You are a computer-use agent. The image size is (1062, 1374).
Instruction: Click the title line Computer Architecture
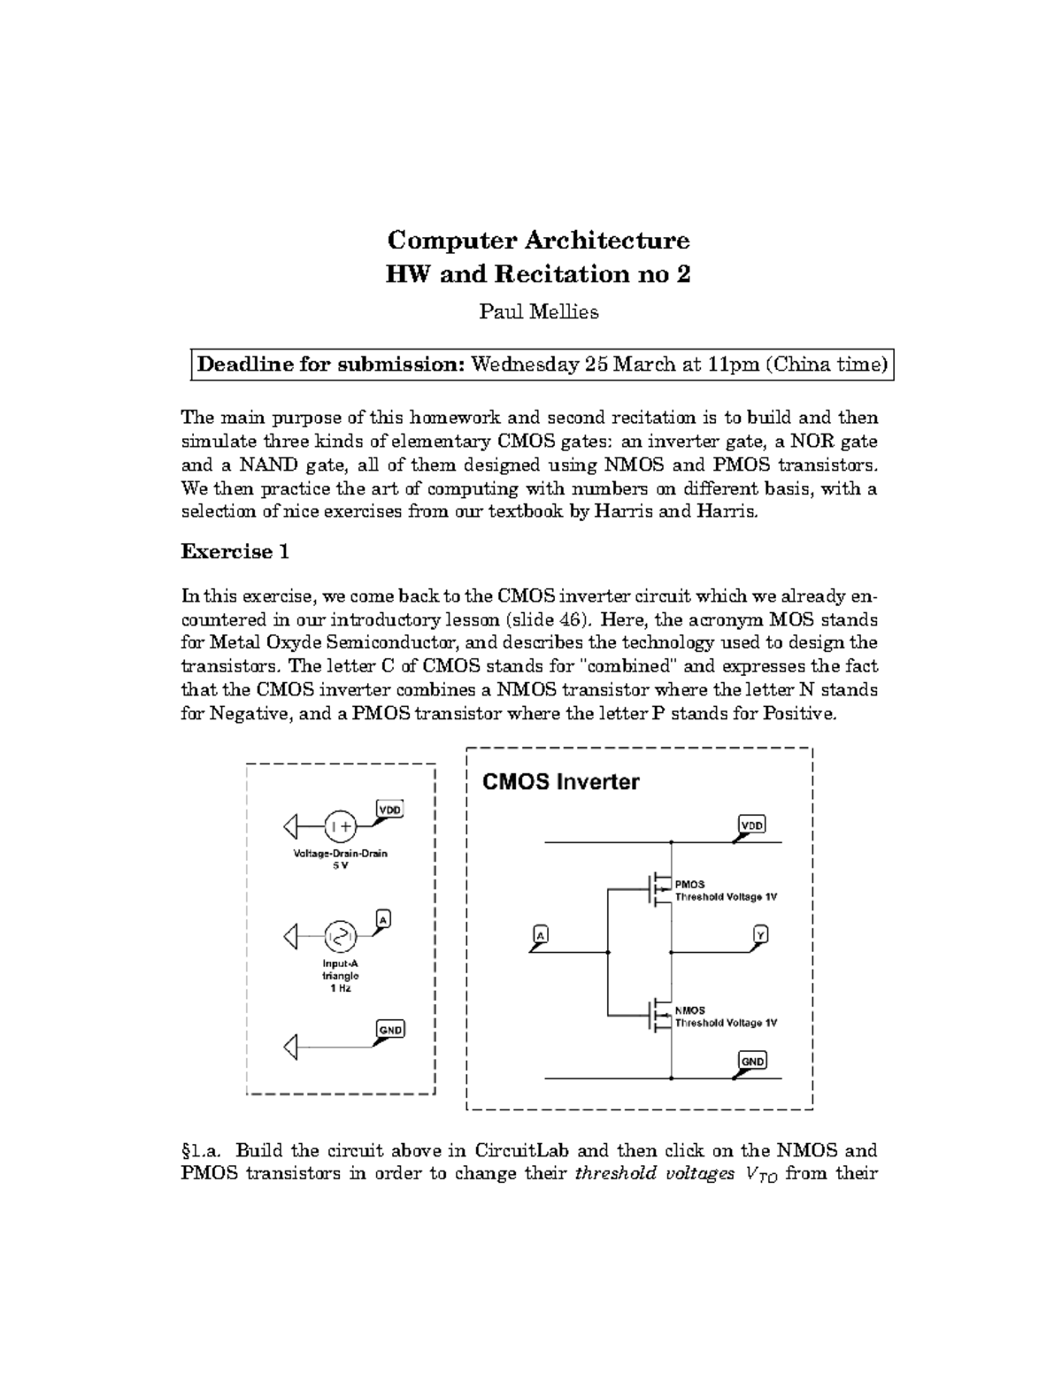(x=538, y=241)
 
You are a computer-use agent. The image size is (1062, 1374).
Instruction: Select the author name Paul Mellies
(x=538, y=311)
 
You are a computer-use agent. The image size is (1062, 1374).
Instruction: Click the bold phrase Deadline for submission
(x=330, y=365)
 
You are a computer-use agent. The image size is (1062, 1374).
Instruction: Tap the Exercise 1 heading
(x=235, y=552)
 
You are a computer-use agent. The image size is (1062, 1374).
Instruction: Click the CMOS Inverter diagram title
(x=560, y=782)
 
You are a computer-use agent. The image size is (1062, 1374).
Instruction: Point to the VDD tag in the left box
(x=389, y=809)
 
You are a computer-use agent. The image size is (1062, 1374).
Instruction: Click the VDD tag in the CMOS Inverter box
(x=751, y=825)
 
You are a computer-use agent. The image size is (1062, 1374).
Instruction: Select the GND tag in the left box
(x=390, y=1029)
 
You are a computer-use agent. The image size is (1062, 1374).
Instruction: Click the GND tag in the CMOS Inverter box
(x=752, y=1061)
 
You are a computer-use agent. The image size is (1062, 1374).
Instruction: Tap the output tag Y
(x=759, y=934)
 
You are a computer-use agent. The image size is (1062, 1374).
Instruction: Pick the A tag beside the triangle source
(x=383, y=920)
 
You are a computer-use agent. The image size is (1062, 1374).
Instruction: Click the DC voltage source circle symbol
(x=341, y=826)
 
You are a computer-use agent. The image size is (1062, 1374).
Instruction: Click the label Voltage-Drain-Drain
(x=341, y=854)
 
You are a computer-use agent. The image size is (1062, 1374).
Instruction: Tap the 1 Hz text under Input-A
(x=341, y=988)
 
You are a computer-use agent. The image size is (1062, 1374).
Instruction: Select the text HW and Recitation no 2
(x=538, y=274)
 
